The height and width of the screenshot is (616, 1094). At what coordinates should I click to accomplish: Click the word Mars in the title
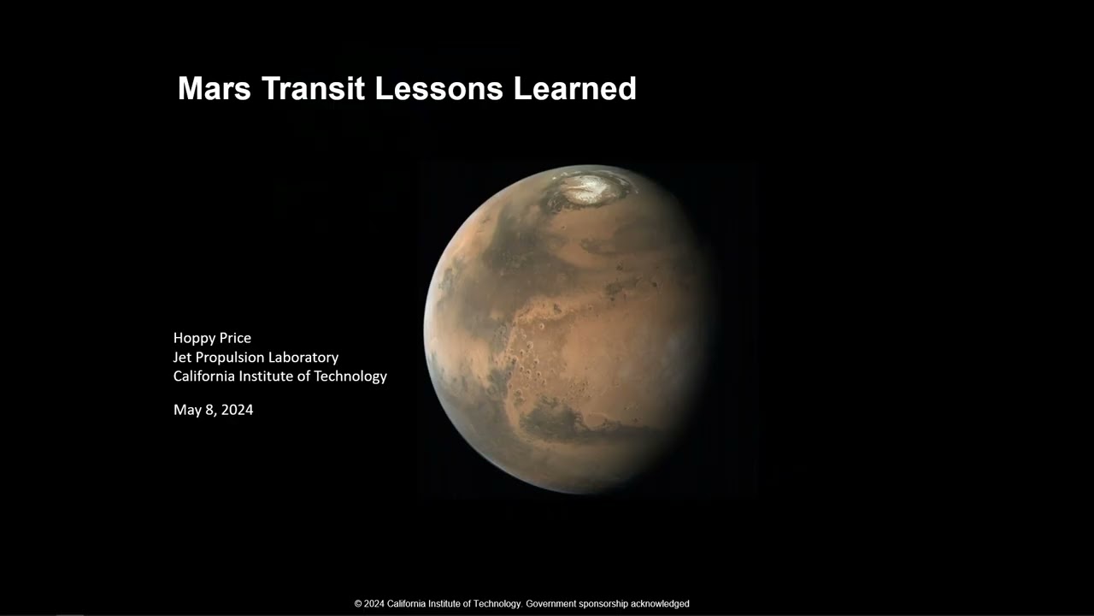pos(215,88)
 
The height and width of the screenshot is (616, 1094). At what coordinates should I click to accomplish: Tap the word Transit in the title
pos(314,88)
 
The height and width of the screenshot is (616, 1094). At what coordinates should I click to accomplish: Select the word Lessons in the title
pos(439,88)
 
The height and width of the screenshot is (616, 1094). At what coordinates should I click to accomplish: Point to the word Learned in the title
pos(575,88)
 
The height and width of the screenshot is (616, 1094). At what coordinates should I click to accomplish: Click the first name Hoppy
pos(193,338)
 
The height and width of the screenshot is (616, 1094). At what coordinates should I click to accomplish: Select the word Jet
pos(182,358)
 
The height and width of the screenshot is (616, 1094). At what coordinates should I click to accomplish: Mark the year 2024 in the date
pos(238,410)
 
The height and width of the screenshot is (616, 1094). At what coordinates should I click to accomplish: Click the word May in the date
pos(185,410)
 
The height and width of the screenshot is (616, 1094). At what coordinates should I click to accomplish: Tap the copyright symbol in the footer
pos(358,604)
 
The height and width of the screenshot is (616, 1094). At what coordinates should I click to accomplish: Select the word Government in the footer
pos(551,604)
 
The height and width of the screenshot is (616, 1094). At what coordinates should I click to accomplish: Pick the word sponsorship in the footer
pos(603,604)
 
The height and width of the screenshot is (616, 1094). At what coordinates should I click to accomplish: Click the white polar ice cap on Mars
pos(589,189)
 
